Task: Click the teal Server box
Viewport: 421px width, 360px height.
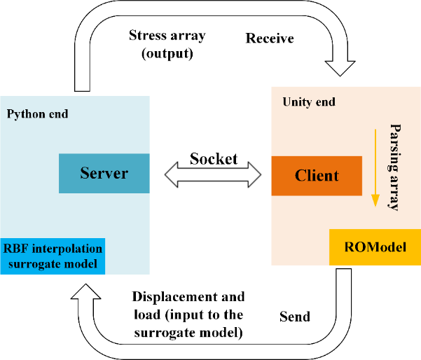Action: pos(104,173)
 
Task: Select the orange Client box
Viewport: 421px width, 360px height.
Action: pos(317,176)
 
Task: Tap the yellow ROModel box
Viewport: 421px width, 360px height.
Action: pos(374,247)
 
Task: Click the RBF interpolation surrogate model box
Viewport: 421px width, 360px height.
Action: pos(53,256)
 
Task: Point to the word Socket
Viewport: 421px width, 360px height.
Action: pos(214,158)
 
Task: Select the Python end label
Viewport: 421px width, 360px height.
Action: pos(37,113)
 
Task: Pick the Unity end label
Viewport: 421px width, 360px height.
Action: pos(309,102)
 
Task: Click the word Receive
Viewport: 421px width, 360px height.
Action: pos(269,39)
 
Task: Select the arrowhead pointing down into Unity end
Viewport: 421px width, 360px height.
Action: pos(341,68)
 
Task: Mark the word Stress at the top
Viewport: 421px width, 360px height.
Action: pos(146,35)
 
